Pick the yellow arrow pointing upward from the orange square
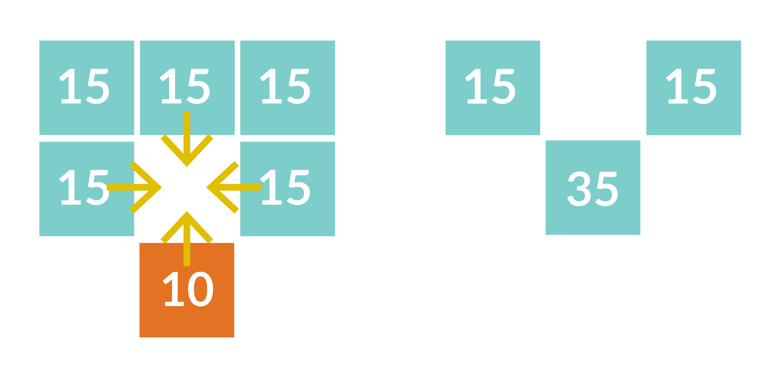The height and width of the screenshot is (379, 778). tap(187, 238)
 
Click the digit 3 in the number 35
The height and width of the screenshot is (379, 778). tap(579, 189)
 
